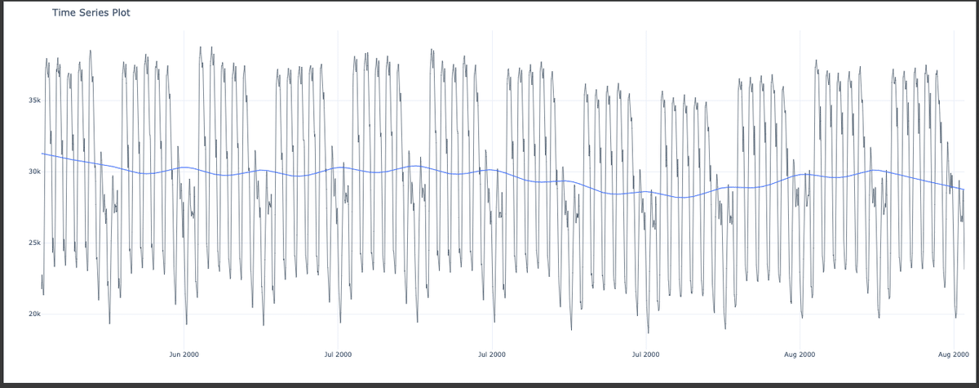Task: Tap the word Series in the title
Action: point(94,13)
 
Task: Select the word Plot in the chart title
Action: point(122,13)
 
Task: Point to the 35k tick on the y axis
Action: point(33,100)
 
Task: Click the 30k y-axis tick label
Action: point(33,172)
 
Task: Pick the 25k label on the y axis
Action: point(33,243)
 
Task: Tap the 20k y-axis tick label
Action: point(33,314)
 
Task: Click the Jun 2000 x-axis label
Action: point(184,354)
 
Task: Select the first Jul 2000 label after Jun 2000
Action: point(338,354)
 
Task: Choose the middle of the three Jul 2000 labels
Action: point(491,354)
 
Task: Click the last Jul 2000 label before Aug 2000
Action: point(645,354)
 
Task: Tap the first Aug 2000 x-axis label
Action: point(800,354)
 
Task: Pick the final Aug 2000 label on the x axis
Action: point(953,354)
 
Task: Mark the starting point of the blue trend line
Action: point(42,154)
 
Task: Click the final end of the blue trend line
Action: point(964,190)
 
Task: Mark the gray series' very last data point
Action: point(964,269)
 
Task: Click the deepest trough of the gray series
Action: point(649,333)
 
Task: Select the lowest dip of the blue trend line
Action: point(684,198)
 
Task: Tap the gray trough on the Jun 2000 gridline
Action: point(186,324)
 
